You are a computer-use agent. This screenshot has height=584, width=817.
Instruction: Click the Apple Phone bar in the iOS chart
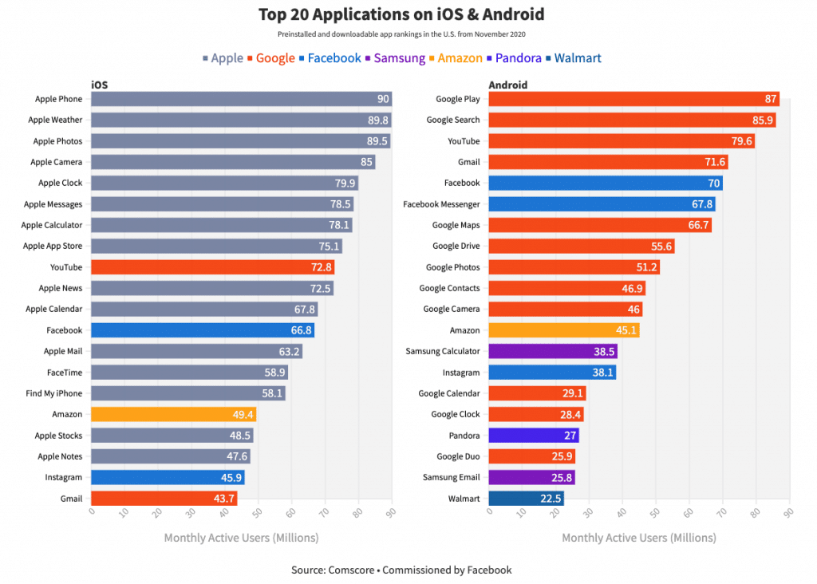pyautogui.click(x=239, y=99)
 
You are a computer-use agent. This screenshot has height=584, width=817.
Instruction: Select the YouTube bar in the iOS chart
pyautogui.click(x=211, y=267)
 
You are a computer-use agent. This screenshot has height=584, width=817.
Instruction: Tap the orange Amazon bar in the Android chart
pyautogui.click(x=563, y=330)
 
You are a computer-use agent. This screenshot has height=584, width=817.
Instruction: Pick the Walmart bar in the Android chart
pyautogui.click(x=526, y=499)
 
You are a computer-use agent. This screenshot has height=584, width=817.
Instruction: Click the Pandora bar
pyautogui.click(x=533, y=436)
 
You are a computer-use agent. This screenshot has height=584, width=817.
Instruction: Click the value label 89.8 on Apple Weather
pyautogui.click(x=378, y=120)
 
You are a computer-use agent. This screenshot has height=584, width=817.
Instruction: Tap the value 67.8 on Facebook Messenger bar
pyautogui.click(x=702, y=204)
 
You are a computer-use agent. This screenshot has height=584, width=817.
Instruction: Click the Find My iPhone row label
pyautogui.click(x=54, y=393)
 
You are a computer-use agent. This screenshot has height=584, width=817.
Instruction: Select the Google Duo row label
pyautogui.click(x=458, y=456)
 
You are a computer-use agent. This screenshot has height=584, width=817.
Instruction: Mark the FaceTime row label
pyautogui.click(x=65, y=373)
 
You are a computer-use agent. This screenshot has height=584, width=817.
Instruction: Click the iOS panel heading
pyautogui.click(x=100, y=85)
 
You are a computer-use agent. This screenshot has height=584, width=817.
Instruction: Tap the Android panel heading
pyautogui.click(x=507, y=85)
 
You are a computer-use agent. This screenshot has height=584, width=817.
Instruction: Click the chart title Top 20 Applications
pyautogui.click(x=401, y=14)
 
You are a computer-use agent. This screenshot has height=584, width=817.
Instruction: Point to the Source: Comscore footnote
pyautogui.click(x=401, y=570)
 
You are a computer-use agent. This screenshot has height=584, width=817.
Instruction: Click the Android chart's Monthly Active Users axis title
pyautogui.click(x=638, y=538)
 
